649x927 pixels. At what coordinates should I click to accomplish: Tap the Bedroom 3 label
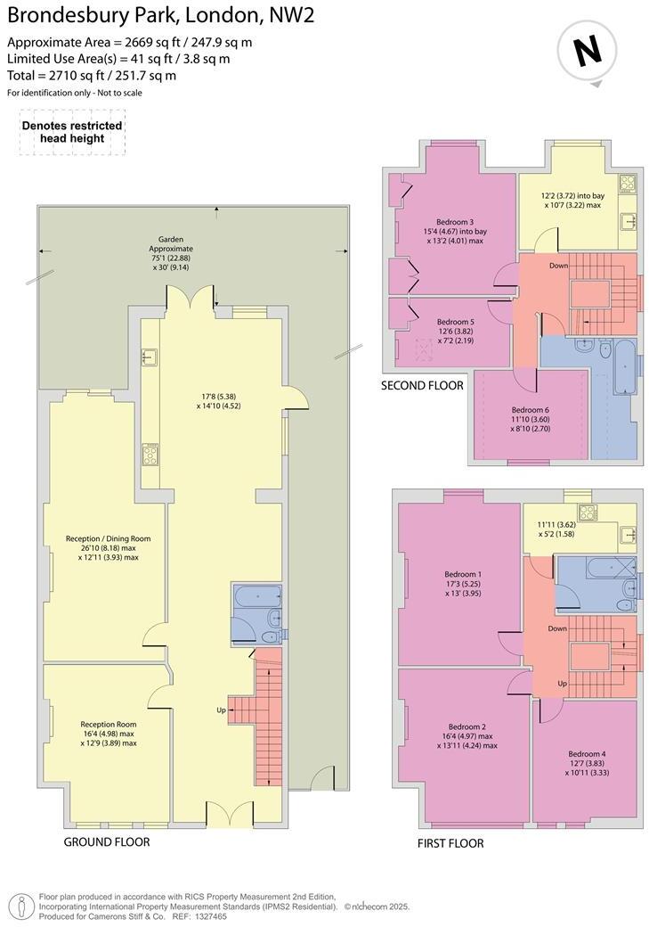coord(454,222)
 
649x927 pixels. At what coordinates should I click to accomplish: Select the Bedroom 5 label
coord(455,322)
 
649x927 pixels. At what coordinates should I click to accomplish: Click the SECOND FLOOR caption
coord(422,386)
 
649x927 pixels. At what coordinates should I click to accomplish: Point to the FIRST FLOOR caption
coord(450,843)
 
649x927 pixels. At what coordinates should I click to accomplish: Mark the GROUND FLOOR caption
coord(107,841)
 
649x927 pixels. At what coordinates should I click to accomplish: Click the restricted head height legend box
coord(72,133)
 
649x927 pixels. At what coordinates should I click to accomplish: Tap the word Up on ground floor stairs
coord(221,710)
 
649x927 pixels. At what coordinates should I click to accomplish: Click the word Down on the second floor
coord(559,266)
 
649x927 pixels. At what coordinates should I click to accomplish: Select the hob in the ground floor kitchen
coord(150,454)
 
